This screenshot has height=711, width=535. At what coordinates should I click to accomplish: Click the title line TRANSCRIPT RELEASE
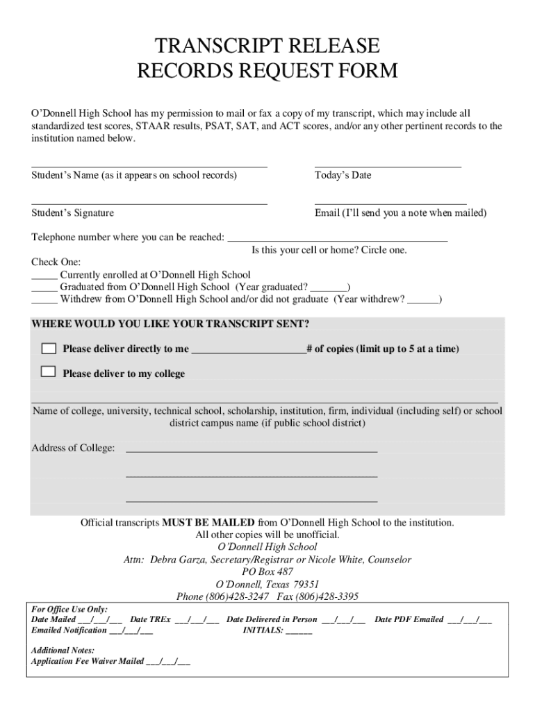click(267, 47)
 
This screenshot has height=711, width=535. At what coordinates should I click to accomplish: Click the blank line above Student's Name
click(149, 165)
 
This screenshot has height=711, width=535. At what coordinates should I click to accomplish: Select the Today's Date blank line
click(388, 165)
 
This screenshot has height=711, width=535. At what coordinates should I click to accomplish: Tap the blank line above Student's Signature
click(149, 203)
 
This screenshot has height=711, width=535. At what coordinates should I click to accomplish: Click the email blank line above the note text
click(390, 203)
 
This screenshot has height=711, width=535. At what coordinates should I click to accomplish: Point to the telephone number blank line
click(338, 240)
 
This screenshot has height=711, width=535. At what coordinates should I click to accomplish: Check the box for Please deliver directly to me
click(48, 348)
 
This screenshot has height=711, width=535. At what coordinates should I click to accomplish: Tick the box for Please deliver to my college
click(48, 371)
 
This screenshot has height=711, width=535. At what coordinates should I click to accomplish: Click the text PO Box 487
click(267, 571)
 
